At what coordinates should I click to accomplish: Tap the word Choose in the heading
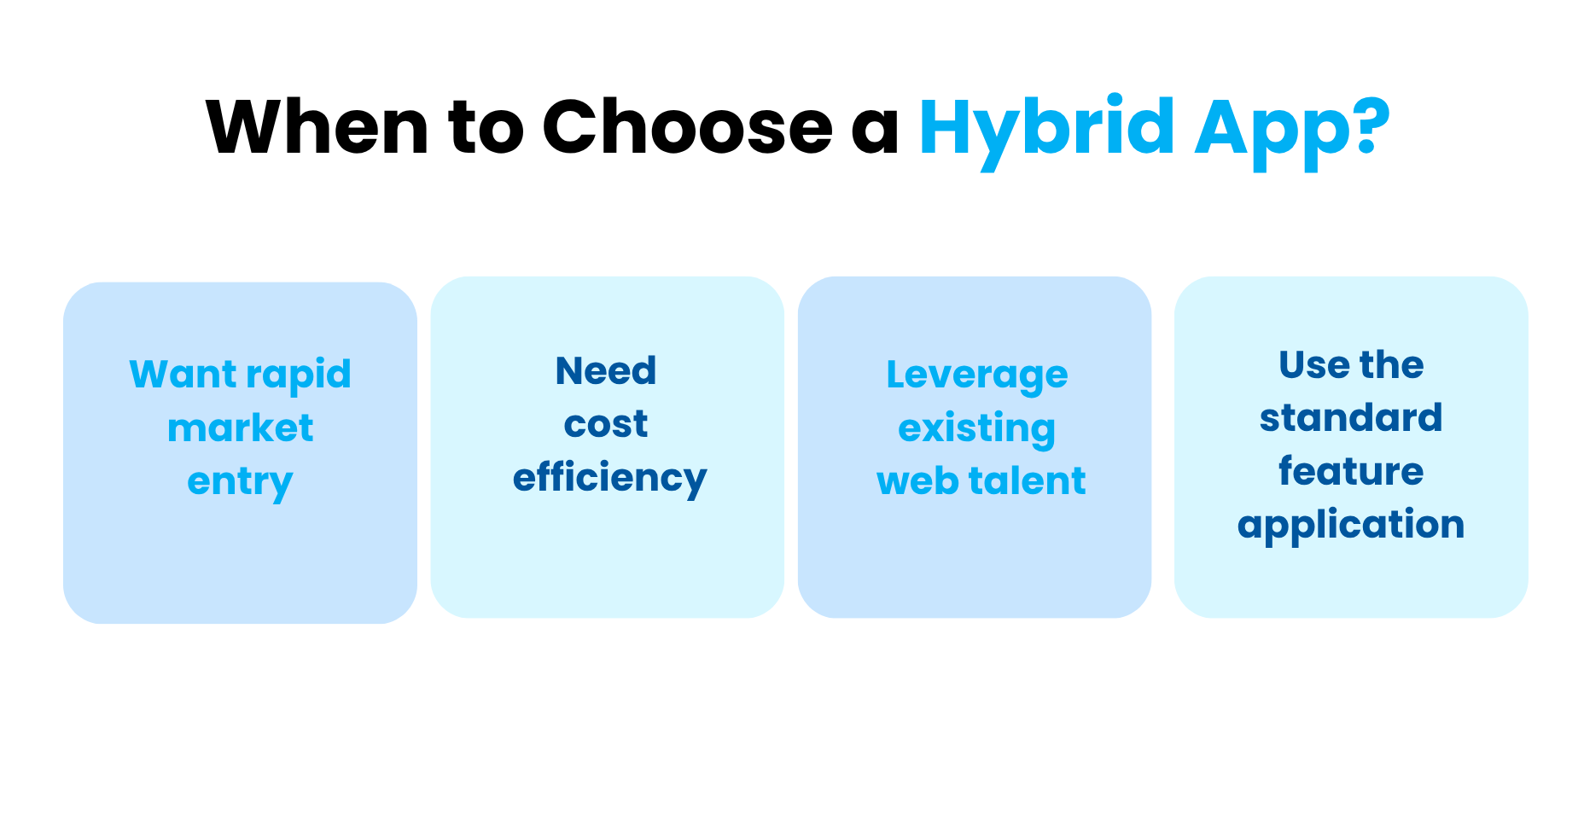click(687, 127)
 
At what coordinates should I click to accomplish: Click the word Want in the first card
click(183, 375)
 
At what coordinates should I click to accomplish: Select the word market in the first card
click(241, 428)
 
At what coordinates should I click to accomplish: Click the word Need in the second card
click(606, 371)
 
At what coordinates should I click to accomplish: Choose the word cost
click(606, 425)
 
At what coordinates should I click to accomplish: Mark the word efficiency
click(609, 479)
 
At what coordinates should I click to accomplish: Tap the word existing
click(976, 429)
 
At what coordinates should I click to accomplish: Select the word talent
click(1028, 481)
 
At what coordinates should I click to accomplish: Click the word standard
click(1351, 418)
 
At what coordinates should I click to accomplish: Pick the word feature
click(1351, 471)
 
